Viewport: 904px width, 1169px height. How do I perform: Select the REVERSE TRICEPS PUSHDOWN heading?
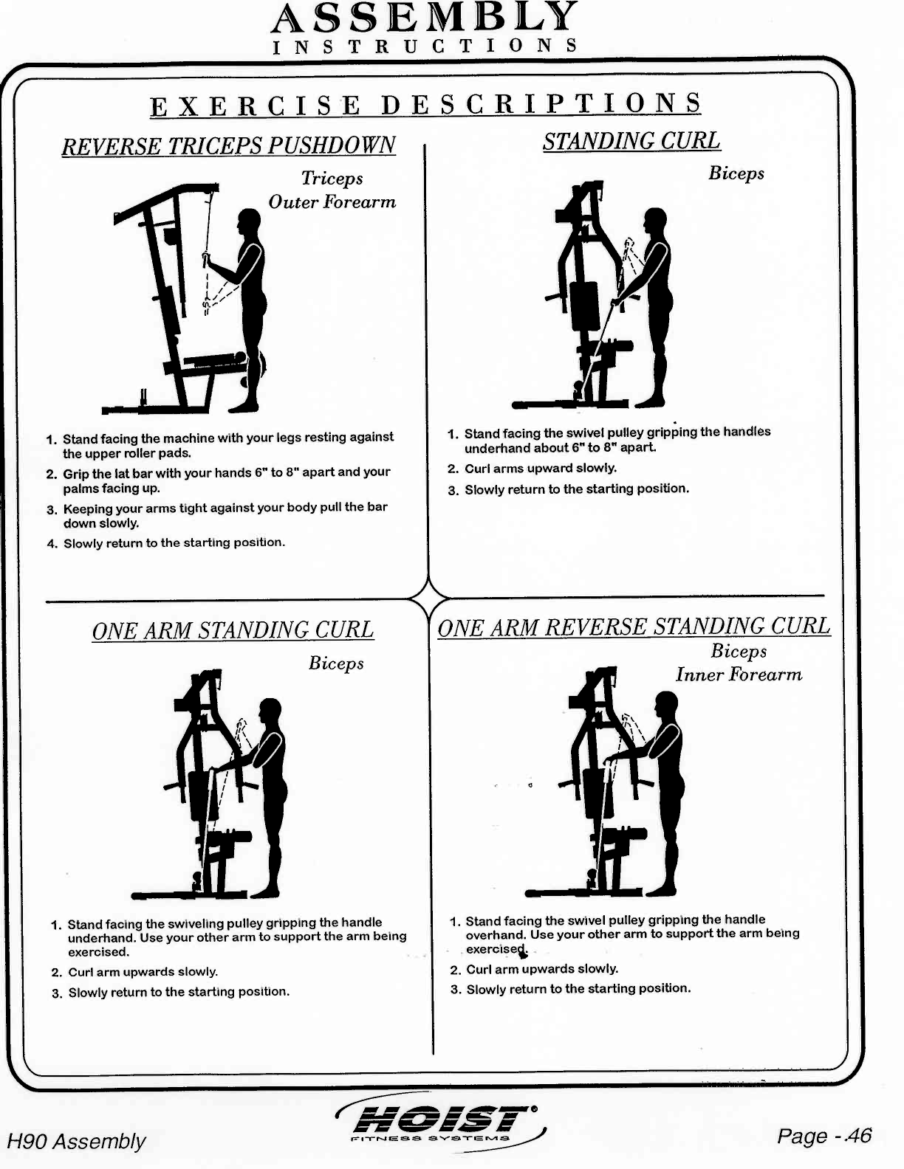tap(228, 145)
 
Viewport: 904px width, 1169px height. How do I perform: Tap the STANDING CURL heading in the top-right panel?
tap(631, 141)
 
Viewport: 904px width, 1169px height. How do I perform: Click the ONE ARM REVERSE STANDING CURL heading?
tap(634, 627)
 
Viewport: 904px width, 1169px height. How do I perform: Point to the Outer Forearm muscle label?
tap(332, 202)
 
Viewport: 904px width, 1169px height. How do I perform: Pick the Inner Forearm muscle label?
tap(739, 675)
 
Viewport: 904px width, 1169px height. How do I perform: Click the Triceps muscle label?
tap(332, 179)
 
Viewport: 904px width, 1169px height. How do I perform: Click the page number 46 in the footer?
tap(858, 1136)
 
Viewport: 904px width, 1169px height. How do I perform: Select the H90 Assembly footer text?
tap(76, 1142)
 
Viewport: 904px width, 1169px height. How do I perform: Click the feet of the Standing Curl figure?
tap(650, 402)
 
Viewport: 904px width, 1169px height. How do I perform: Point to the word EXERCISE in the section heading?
tap(256, 106)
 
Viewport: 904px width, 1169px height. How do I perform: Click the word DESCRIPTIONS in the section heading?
tap(541, 104)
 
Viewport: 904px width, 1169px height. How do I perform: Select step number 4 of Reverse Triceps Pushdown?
tap(52, 545)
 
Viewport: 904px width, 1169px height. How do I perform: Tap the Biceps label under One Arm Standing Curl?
tap(336, 663)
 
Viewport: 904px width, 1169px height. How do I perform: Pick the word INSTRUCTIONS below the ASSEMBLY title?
tap(424, 46)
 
